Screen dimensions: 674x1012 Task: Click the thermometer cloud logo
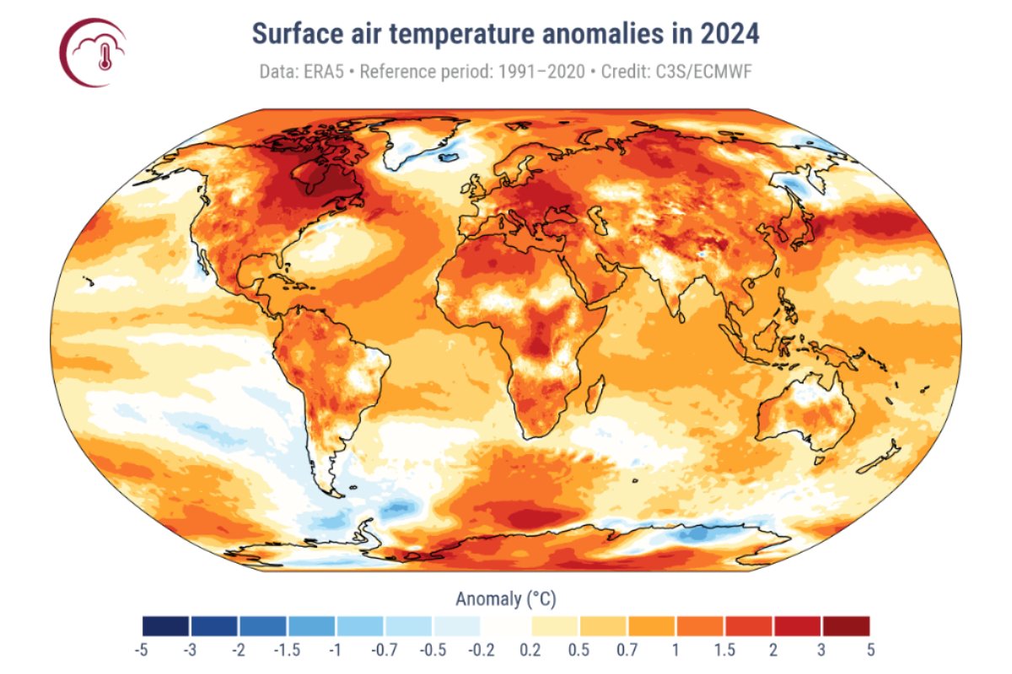(x=94, y=52)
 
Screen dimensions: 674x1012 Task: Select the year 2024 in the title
(x=730, y=35)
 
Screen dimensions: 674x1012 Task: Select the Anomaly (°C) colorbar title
(x=506, y=599)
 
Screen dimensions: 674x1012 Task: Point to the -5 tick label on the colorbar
(x=142, y=650)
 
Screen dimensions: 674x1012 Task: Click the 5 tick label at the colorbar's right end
(x=869, y=650)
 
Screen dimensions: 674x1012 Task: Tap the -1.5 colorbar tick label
(x=288, y=650)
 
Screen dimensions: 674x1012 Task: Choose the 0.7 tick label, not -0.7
(x=627, y=650)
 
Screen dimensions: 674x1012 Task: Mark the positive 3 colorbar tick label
(x=821, y=650)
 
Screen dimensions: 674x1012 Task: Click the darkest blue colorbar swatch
(x=166, y=626)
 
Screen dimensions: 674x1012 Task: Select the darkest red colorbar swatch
(x=846, y=626)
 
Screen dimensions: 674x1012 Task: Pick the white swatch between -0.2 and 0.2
(x=506, y=626)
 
